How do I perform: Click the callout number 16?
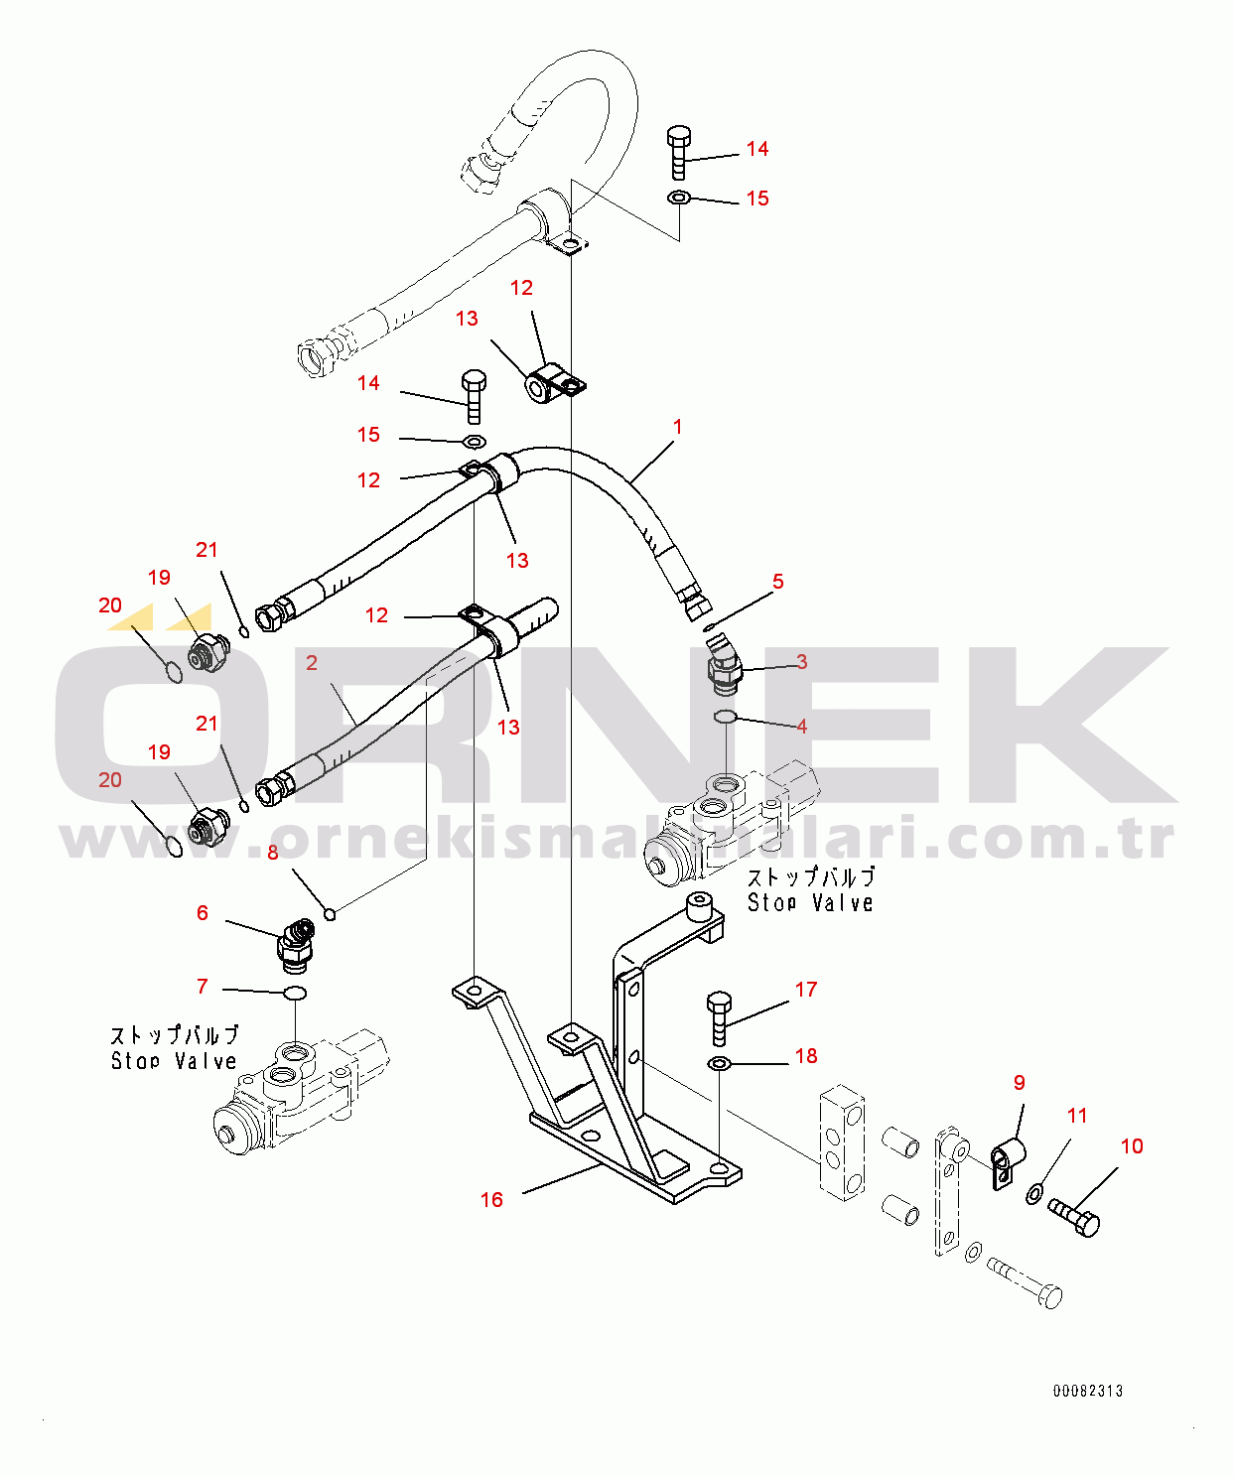pyautogui.click(x=491, y=1200)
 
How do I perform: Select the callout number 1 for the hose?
pyautogui.click(x=677, y=427)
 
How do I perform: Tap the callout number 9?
pyautogui.click(x=1019, y=1083)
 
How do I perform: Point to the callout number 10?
pyautogui.click(x=1132, y=1146)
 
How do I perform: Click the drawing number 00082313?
pyautogui.click(x=1088, y=1391)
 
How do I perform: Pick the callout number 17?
pyautogui.click(x=806, y=990)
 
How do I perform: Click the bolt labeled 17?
pyautogui.click(x=719, y=1017)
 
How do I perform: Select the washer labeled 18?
pyautogui.click(x=720, y=1064)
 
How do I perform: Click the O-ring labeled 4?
pyautogui.click(x=726, y=717)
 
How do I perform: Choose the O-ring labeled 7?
pyautogui.click(x=295, y=994)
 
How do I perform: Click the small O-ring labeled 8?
pyautogui.click(x=331, y=913)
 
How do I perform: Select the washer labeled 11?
pyautogui.click(x=1034, y=1192)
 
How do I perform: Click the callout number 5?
pyautogui.click(x=778, y=582)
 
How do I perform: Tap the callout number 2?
pyautogui.click(x=312, y=662)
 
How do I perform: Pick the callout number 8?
pyautogui.click(x=273, y=853)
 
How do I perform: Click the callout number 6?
pyautogui.click(x=203, y=913)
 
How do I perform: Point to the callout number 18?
pyautogui.click(x=806, y=1056)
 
